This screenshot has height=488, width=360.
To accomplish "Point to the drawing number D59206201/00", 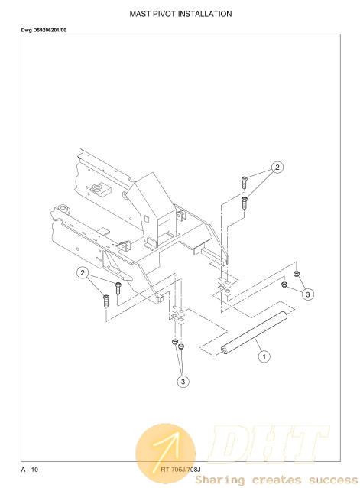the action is click(x=50, y=30).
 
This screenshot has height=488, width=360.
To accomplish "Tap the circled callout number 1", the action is click(x=264, y=356).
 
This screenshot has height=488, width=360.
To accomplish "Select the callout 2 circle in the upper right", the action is click(x=277, y=167).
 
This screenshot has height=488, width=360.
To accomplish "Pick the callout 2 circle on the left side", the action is click(x=83, y=273).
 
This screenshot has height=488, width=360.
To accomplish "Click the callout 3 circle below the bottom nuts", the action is click(x=183, y=382).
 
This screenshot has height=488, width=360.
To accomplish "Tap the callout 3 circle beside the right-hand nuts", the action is click(x=308, y=294).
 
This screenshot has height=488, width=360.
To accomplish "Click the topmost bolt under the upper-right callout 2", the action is click(x=244, y=182).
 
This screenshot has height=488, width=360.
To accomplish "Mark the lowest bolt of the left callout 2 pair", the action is click(x=106, y=301).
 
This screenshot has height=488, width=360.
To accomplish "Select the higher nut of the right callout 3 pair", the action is click(x=297, y=274).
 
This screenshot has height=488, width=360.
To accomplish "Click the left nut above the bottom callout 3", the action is click(x=175, y=342).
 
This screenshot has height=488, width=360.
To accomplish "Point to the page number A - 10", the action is click(x=30, y=470).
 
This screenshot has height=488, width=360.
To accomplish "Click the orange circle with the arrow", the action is click(x=165, y=454).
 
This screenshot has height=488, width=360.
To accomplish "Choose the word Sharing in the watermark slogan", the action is click(x=220, y=480).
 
